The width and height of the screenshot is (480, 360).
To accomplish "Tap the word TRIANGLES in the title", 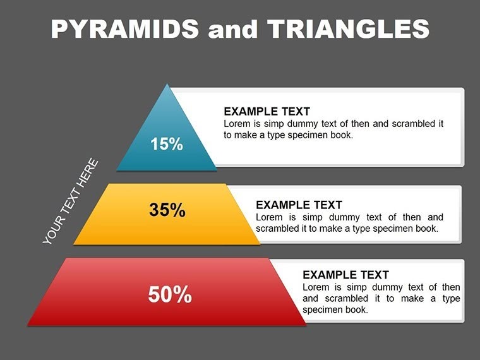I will [x=348, y=29].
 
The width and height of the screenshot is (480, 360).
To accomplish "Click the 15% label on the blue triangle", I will [x=167, y=144].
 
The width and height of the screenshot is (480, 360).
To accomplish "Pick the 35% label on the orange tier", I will [x=167, y=210].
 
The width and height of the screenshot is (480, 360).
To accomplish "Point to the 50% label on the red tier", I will [x=170, y=294].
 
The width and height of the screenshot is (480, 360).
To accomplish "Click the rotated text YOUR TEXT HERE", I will [x=71, y=201].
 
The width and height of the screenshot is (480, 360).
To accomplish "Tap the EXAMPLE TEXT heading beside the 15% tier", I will [x=267, y=112].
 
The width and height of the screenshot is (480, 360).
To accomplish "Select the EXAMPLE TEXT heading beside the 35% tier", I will [x=299, y=205].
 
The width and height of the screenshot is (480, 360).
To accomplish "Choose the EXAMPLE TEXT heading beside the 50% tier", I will [x=345, y=275].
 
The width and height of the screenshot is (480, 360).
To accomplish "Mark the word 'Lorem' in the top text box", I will [x=237, y=124].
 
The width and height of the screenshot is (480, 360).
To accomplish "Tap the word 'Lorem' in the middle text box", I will [x=269, y=217].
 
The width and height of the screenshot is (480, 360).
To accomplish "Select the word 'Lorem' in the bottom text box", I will [x=316, y=287].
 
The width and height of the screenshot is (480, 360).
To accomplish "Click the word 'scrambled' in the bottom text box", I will [x=346, y=298].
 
